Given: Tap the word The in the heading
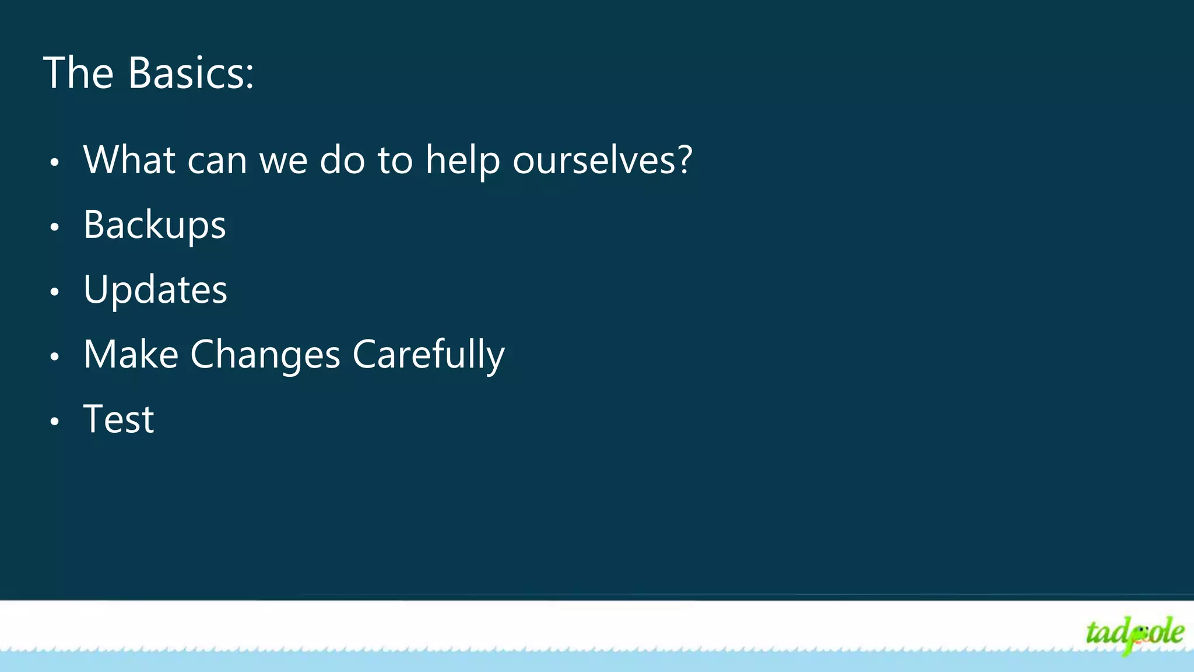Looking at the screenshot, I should click(78, 73).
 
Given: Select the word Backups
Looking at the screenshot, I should click(154, 226).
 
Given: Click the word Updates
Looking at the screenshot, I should click(155, 290).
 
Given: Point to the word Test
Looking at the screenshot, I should click(119, 419).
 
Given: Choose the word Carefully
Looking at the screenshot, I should click(429, 355).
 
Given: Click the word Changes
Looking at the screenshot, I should click(265, 355).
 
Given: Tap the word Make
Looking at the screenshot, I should click(131, 355).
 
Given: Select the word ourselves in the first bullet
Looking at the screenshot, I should click(595, 160).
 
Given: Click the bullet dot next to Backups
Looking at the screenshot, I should click(55, 228).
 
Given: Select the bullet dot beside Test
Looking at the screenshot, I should click(55, 421).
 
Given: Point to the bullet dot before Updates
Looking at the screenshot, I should click(55, 292).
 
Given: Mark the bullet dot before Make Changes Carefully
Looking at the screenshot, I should click(55, 356).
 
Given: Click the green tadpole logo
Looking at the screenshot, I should click(1134, 633).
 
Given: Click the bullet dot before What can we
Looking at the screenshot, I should click(55, 163).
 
